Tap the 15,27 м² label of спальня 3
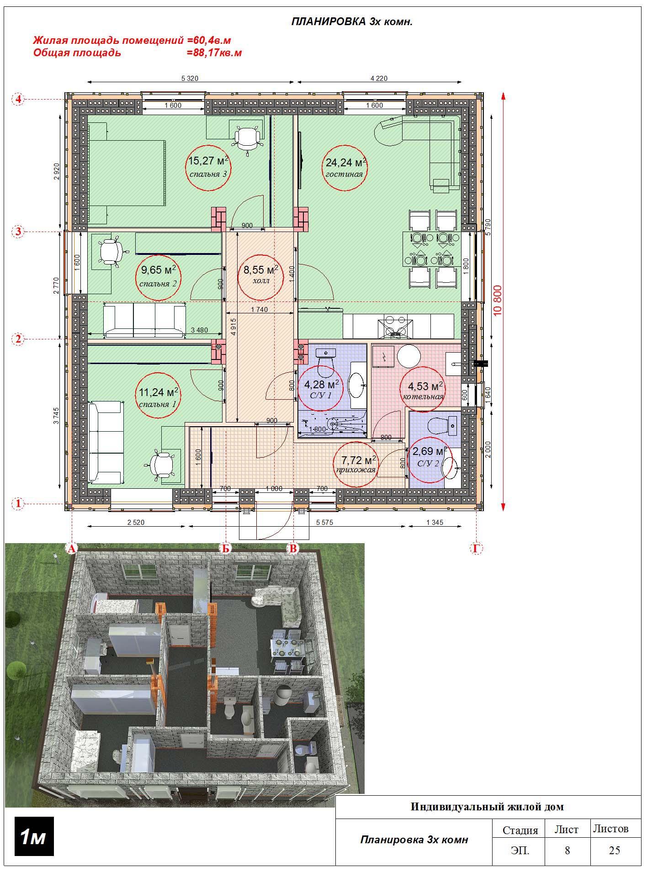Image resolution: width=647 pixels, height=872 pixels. (208, 161)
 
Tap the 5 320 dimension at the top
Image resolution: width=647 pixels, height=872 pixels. (190, 79)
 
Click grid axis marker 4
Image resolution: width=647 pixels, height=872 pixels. (18, 99)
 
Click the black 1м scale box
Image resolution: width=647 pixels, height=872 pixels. (34, 837)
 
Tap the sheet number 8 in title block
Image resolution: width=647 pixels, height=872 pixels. (567, 850)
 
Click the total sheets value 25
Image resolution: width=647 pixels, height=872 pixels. (615, 850)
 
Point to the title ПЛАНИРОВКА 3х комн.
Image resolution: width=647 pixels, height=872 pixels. (352, 22)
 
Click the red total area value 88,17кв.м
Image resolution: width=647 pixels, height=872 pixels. (214, 53)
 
